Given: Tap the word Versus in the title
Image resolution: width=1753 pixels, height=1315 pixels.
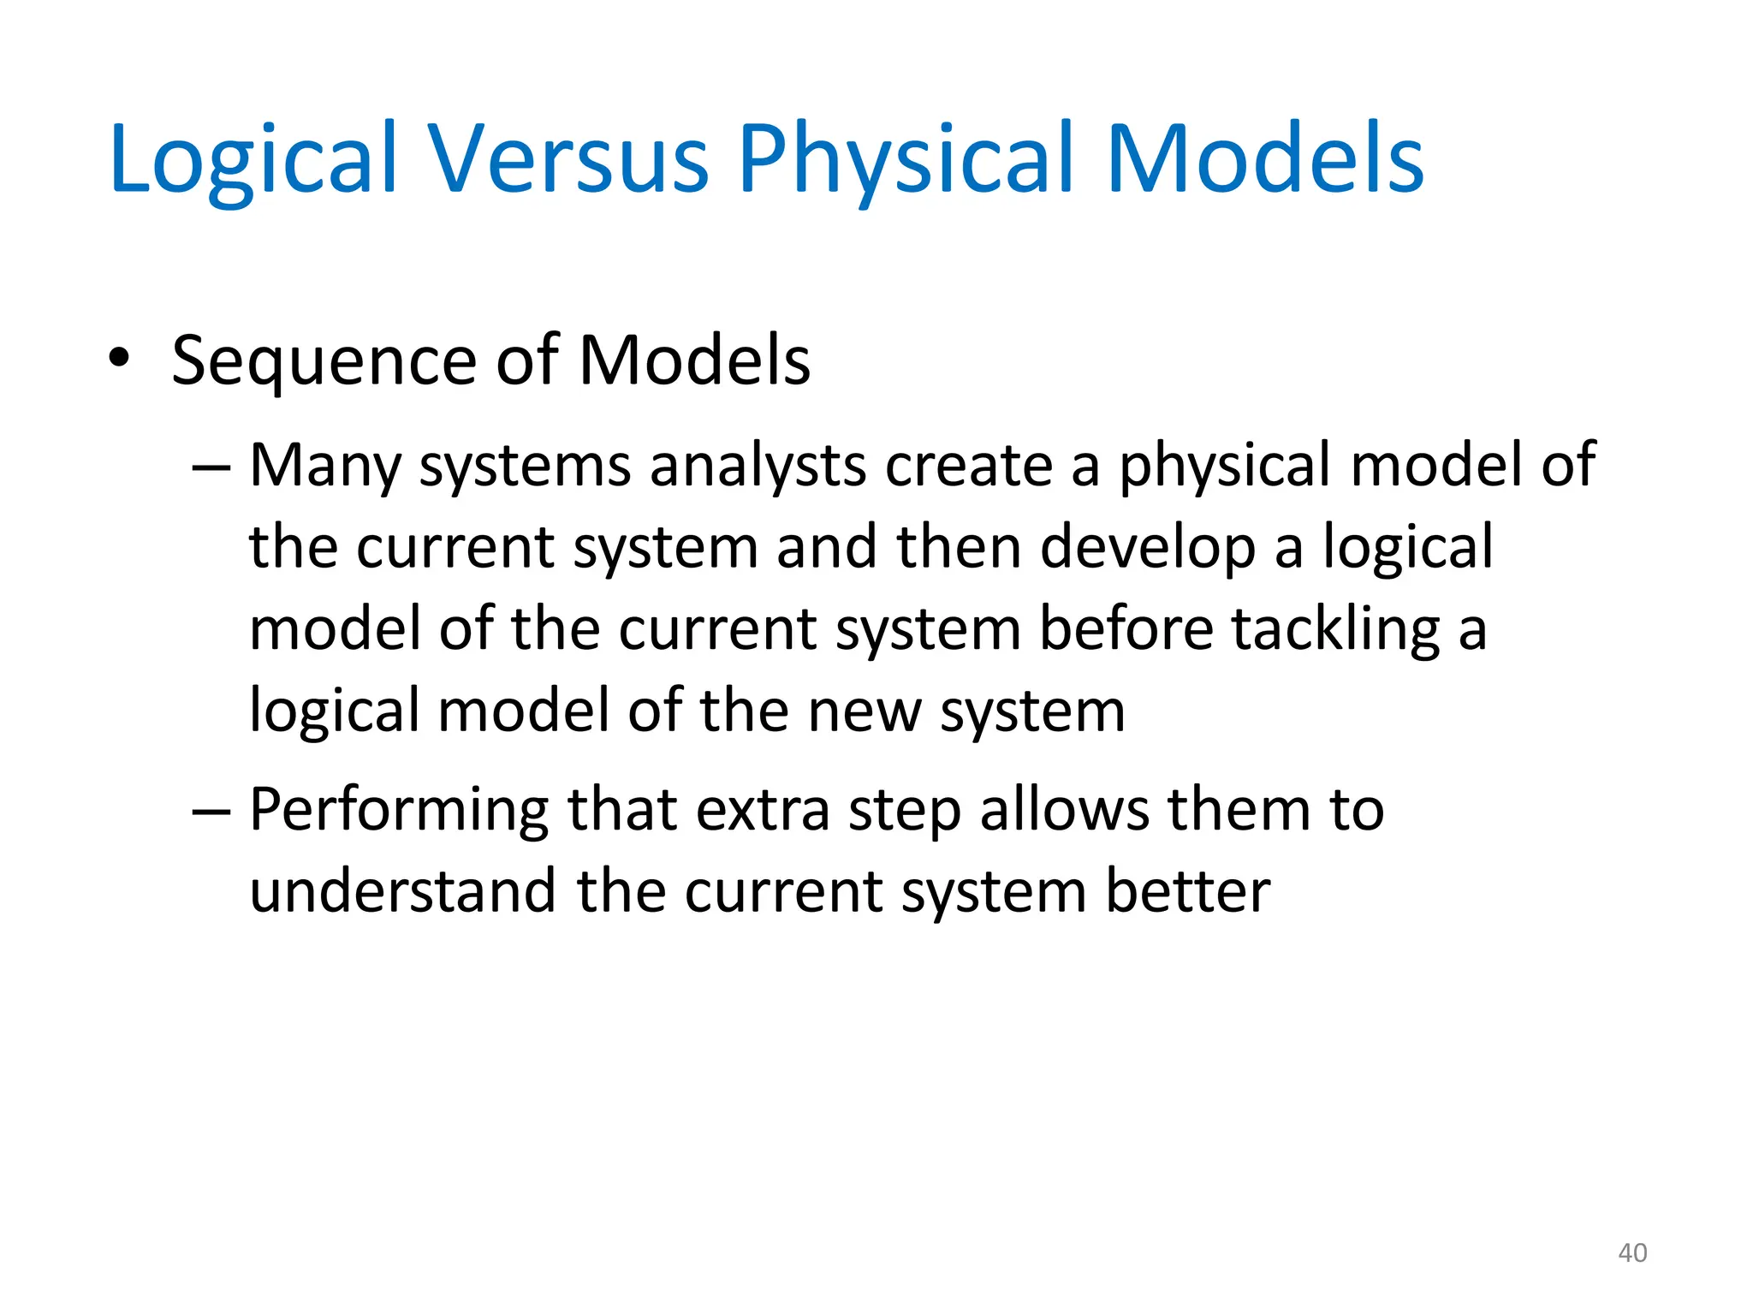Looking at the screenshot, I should [567, 159].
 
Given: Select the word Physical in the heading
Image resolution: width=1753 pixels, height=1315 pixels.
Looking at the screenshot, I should [906, 161].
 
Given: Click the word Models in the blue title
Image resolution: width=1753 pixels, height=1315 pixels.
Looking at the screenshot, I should [1264, 159].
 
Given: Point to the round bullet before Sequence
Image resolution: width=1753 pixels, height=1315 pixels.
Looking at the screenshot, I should [119, 359].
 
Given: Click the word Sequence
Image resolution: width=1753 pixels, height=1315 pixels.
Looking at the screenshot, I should [323, 362].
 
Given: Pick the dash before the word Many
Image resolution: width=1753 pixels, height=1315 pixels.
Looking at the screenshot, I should [211, 467].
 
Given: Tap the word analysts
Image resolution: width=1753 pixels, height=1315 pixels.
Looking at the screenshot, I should [758, 467].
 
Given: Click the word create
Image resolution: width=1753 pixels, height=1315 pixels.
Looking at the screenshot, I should [968, 466].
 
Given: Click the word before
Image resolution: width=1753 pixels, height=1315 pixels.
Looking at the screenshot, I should [1126, 629].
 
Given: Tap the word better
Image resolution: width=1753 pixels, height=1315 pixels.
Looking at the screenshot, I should [1187, 891].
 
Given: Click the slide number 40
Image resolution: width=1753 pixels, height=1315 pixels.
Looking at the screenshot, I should [1632, 1253].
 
